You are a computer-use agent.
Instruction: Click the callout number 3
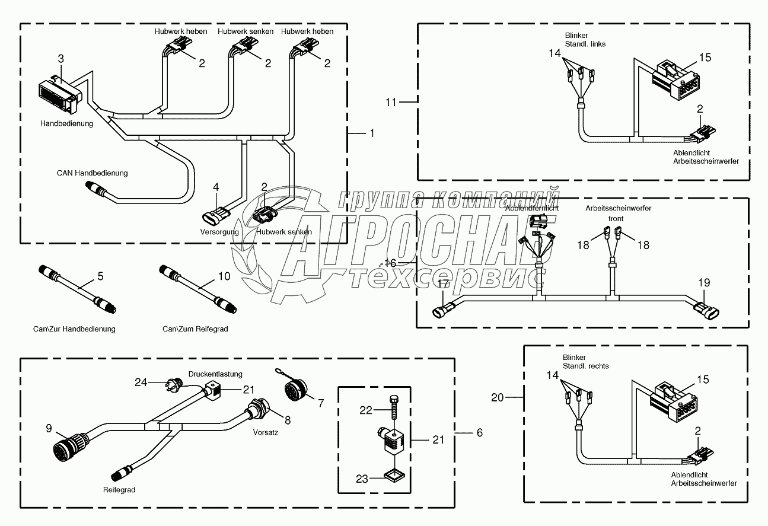[x=60, y=58]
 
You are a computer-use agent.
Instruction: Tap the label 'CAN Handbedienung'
[x=92, y=173]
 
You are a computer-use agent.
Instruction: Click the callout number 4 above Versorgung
[x=216, y=187]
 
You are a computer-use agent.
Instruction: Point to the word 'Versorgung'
[x=219, y=232]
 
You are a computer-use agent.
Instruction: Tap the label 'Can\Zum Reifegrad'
[x=195, y=329]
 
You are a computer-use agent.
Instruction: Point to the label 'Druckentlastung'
[x=215, y=374]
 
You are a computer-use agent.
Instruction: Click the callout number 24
[x=141, y=382]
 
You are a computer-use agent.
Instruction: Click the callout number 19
[x=703, y=283]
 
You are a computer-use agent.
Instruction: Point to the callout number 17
[x=442, y=285]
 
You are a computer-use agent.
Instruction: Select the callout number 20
[x=497, y=398]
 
